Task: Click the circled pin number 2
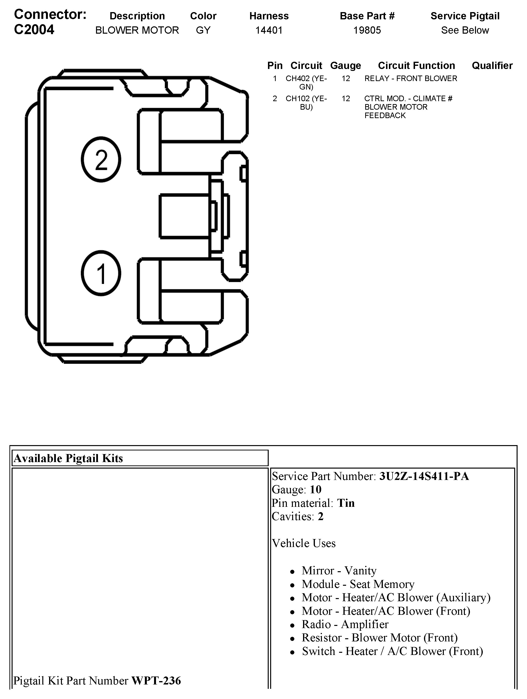pyautogui.click(x=101, y=159)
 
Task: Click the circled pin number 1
pyautogui.click(x=101, y=273)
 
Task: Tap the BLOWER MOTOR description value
pyautogui.click(x=137, y=30)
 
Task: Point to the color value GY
pyautogui.click(x=203, y=30)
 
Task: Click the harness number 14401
pyautogui.click(x=269, y=30)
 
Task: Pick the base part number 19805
pyautogui.click(x=367, y=30)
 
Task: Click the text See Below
pyautogui.click(x=465, y=30)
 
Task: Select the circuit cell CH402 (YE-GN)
pyautogui.click(x=306, y=83)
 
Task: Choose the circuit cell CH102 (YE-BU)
pyautogui.click(x=306, y=103)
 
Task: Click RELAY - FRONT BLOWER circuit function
pyautogui.click(x=410, y=78)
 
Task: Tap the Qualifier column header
pyautogui.click(x=492, y=65)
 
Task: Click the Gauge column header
pyautogui.click(x=345, y=65)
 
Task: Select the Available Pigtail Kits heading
pyautogui.click(x=68, y=458)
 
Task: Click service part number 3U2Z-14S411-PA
pyautogui.click(x=424, y=476)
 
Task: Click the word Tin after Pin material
pyautogui.click(x=346, y=503)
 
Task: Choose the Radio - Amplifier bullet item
pyautogui.click(x=345, y=624)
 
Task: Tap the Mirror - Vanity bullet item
pyautogui.click(x=339, y=570)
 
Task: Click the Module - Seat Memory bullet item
pyautogui.click(x=358, y=584)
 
